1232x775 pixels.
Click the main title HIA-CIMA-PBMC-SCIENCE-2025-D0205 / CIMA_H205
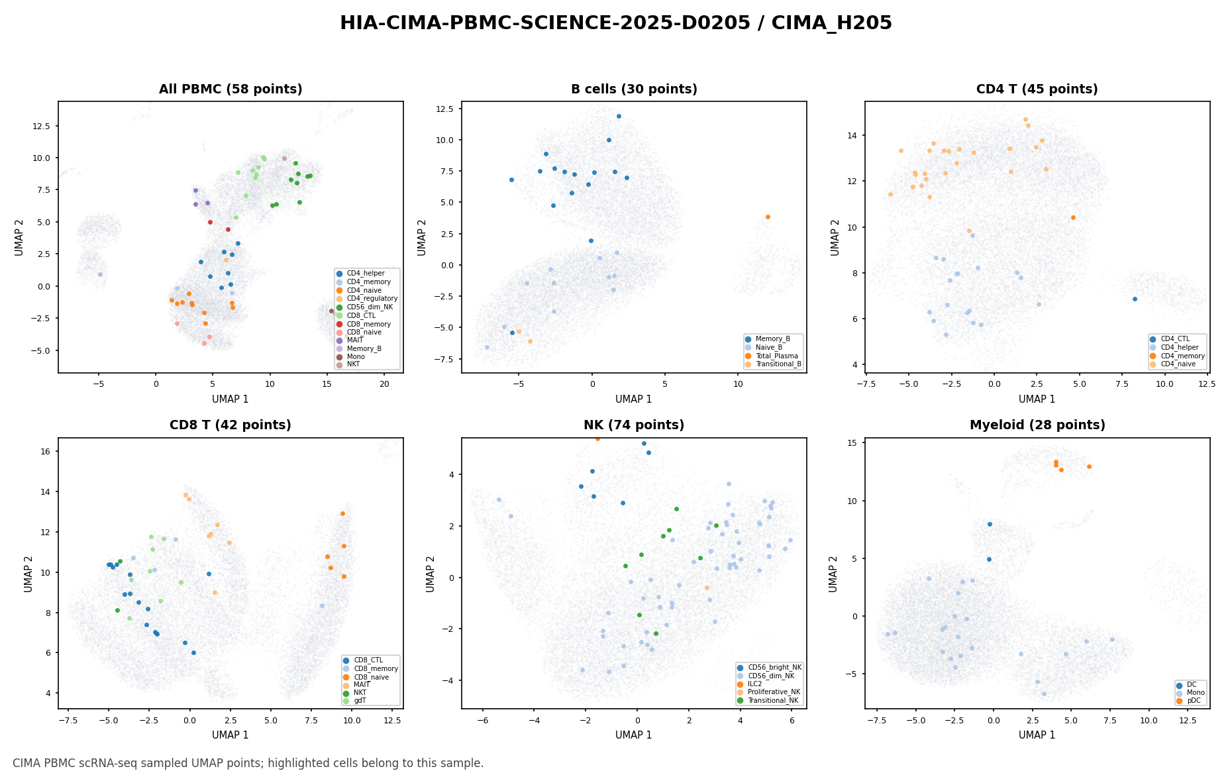point(616,23)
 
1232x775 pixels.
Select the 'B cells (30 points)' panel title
point(634,89)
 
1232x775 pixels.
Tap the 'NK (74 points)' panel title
point(634,425)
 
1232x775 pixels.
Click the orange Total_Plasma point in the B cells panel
point(768,217)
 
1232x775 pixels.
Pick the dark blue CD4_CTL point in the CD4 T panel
point(1135,299)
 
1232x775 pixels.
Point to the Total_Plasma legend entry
point(773,356)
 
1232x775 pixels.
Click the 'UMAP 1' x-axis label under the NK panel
point(634,735)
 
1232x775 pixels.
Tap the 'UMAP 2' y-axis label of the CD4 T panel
point(835,237)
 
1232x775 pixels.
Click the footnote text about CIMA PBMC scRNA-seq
point(248,763)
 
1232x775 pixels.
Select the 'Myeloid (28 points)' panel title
point(1037,425)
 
